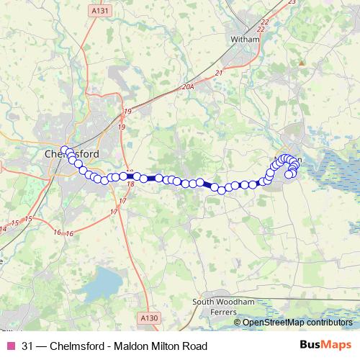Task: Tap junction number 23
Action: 292,2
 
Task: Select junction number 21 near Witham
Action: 218,73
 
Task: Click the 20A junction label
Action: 188,86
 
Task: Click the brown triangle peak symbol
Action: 302,63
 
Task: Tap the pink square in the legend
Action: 10,346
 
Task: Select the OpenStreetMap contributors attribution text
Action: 297,323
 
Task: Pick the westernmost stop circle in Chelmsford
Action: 65,150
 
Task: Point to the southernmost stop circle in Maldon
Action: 289,174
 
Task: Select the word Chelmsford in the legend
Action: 77,346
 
